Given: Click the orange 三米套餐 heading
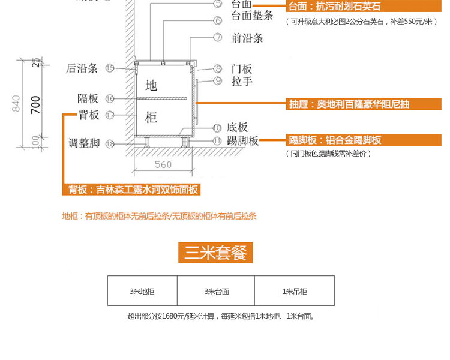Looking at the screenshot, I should [x=215, y=253].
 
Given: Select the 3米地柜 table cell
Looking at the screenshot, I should [x=142, y=291].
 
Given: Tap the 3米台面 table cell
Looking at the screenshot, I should [x=216, y=291].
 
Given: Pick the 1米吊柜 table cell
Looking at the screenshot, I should [x=295, y=291].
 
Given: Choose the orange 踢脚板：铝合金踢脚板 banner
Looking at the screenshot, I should [x=335, y=140].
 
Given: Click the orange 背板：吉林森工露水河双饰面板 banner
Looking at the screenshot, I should [x=131, y=190].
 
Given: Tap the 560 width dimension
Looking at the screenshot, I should [x=163, y=164].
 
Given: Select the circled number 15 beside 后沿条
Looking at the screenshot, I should [x=109, y=68].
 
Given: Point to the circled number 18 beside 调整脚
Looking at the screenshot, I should [x=109, y=143].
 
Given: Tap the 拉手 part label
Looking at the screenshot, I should [x=242, y=82].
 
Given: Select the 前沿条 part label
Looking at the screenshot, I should [x=247, y=38].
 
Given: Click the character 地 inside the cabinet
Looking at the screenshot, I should [x=151, y=85].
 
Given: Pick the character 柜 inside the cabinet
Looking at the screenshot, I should [x=151, y=117].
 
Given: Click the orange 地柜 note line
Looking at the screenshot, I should [x=163, y=216].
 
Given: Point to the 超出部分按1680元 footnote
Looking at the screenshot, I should [x=221, y=316].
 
